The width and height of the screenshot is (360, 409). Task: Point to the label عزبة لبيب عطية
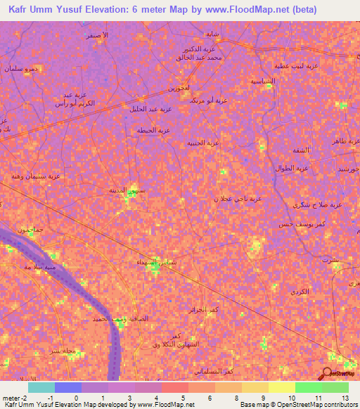(299, 65)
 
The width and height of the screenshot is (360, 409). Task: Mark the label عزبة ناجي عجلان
(238, 199)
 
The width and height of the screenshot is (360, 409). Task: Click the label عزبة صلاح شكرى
(317, 204)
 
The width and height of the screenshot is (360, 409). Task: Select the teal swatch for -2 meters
(41, 387)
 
